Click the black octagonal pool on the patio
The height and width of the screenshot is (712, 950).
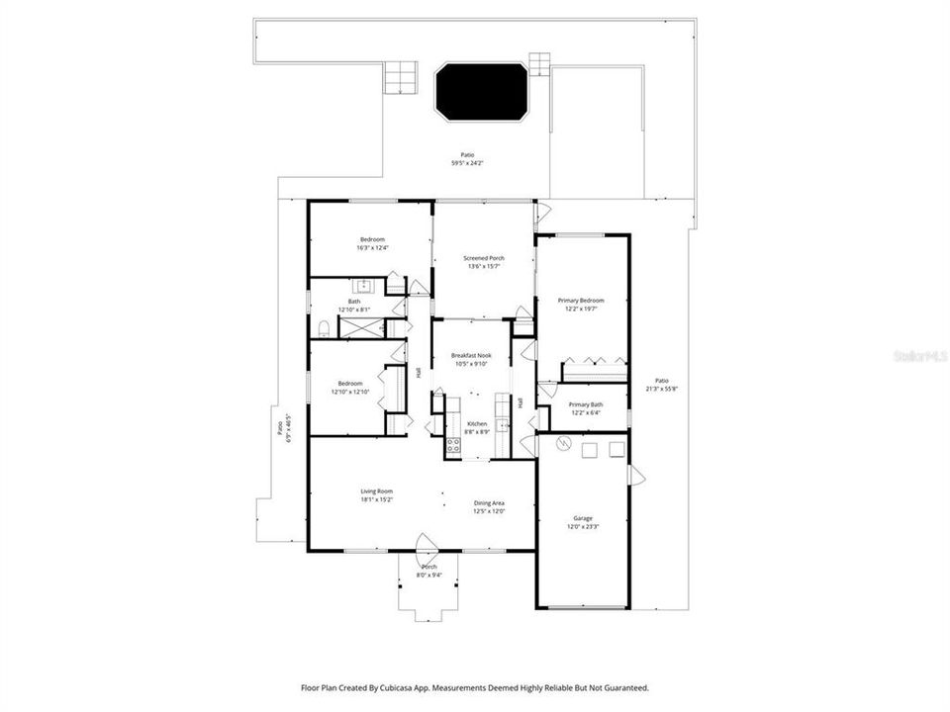[482, 92]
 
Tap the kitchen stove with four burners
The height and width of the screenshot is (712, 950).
[452, 444]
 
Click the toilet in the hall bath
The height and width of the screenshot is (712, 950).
[324, 328]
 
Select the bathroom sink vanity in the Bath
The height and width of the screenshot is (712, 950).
[362, 286]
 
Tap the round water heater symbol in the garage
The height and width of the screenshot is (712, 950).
[563, 446]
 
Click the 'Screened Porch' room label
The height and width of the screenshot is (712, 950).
[484, 258]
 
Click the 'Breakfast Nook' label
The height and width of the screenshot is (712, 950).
[471, 355]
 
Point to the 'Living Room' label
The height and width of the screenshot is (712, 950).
[376, 491]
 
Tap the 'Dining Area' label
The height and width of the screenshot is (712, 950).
[489, 502]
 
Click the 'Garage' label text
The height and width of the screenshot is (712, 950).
[582, 518]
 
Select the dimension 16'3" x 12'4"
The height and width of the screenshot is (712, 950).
[372, 247]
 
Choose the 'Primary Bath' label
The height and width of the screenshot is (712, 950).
[585, 403]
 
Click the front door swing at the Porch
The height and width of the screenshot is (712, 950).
[427, 543]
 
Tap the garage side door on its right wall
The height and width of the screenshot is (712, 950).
[637, 477]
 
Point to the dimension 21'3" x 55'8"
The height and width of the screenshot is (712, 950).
[661, 389]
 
